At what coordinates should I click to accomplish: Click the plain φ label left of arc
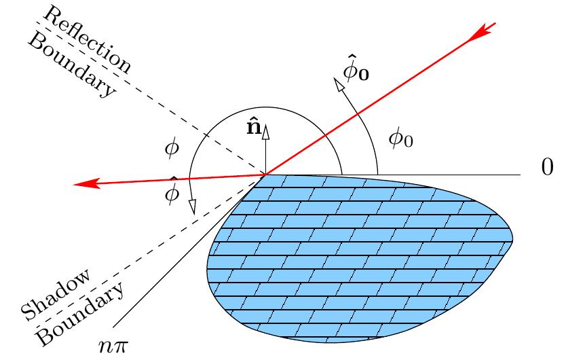pyautogui.click(x=172, y=149)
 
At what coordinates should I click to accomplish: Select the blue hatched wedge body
pyautogui.click(x=360, y=258)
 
